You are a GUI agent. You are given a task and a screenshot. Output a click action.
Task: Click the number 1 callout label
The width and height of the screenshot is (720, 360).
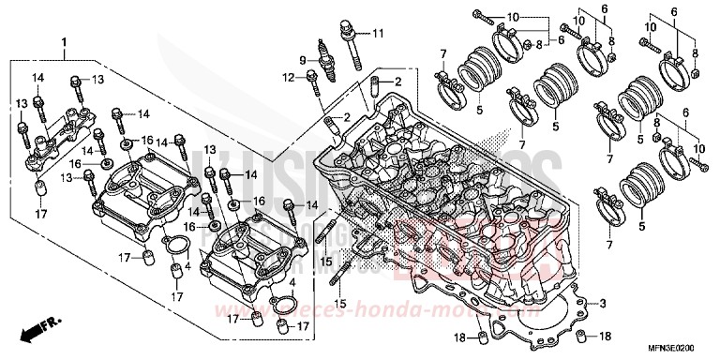click(64, 42)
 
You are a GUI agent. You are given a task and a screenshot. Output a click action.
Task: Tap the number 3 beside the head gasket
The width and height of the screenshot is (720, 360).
click(603, 304)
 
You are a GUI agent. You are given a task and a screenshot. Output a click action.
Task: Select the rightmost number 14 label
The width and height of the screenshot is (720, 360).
click(312, 205)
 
